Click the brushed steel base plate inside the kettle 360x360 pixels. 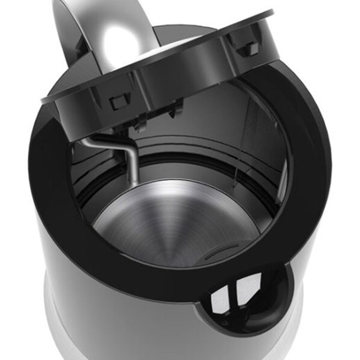click(x=173, y=223)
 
